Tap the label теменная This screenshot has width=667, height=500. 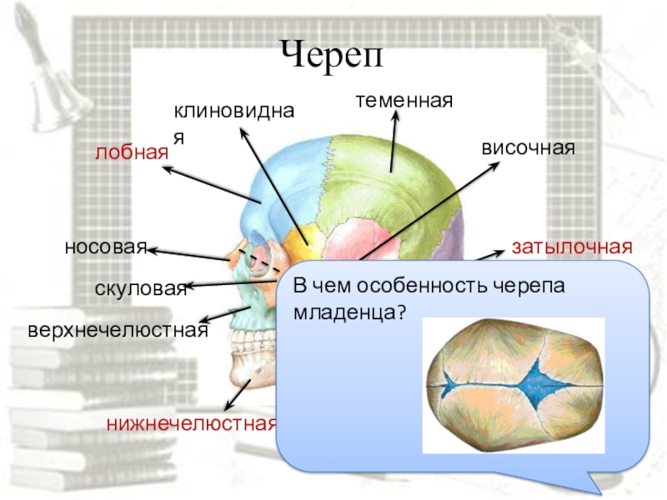tap(404, 101)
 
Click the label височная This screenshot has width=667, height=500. tap(529, 147)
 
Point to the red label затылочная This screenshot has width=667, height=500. tap(572, 247)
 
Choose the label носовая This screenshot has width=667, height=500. tap(105, 247)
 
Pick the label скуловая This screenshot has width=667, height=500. tap(140, 288)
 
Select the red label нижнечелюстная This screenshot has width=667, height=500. tap(192, 423)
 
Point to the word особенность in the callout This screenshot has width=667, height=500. tap(417, 285)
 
